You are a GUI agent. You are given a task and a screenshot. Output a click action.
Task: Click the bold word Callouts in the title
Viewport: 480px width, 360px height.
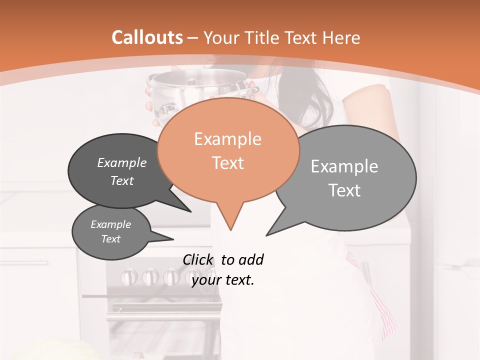tap(147, 37)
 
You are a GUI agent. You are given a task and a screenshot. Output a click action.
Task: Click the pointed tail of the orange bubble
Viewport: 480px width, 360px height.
tap(230, 225)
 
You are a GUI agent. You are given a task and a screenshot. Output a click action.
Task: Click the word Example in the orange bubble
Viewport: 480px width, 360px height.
tap(227, 139)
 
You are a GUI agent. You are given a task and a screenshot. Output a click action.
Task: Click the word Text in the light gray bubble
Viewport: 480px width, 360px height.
tap(344, 190)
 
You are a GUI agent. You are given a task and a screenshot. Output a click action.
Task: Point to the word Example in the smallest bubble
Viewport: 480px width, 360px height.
tap(110, 224)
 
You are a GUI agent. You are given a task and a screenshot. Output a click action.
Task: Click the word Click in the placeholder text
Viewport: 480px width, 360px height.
tap(198, 260)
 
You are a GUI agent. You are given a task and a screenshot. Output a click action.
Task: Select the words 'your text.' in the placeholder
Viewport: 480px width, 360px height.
tap(223, 280)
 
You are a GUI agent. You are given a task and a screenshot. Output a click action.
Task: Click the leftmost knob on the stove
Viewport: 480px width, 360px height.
tap(129, 276)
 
